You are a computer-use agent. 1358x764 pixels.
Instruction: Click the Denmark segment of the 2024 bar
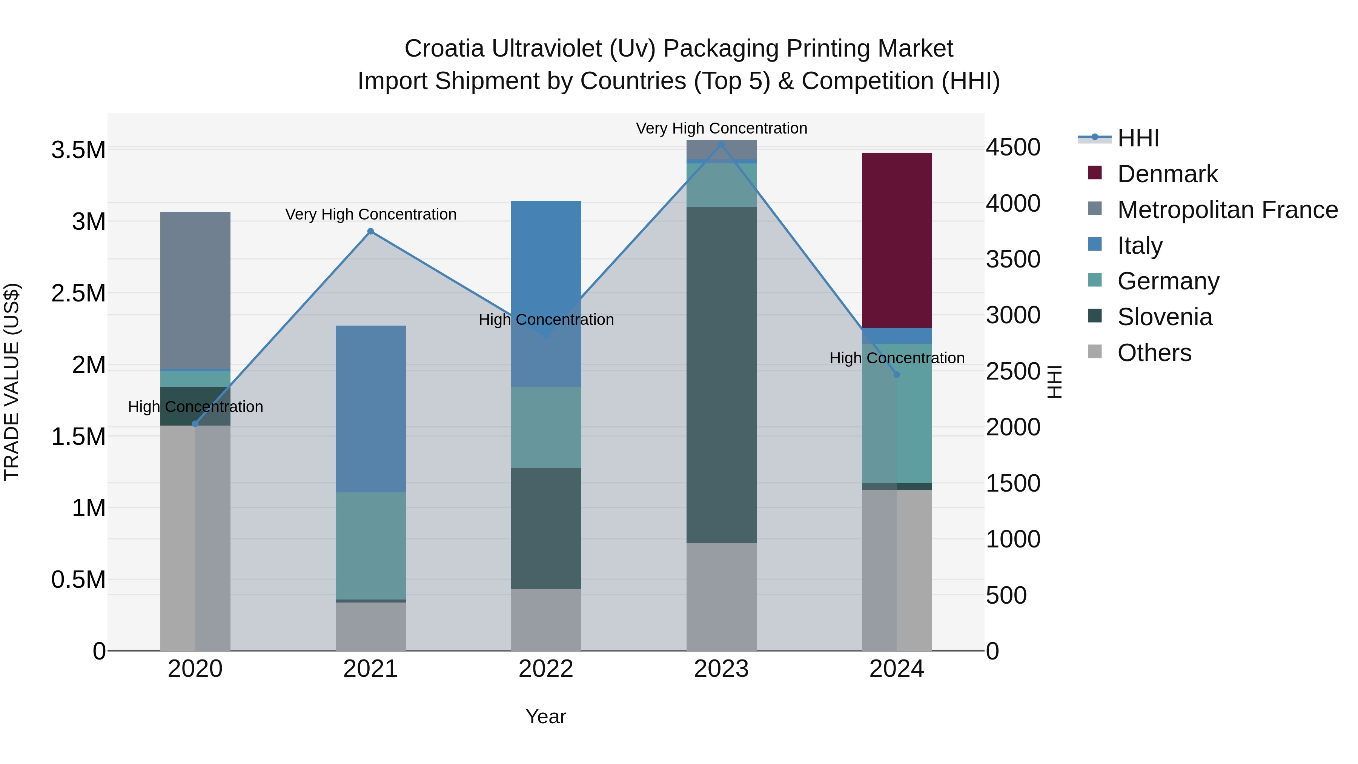pos(896,240)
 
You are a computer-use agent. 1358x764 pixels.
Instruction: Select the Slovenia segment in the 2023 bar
pos(721,374)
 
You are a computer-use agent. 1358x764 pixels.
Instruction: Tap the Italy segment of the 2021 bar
pos(370,409)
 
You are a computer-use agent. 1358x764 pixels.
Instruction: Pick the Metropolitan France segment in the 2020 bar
pos(195,290)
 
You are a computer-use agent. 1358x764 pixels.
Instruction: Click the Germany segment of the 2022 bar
pos(546,427)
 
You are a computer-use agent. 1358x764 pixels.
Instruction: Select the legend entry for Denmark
pos(1167,174)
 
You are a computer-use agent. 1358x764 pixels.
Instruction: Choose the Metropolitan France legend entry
pos(1227,210)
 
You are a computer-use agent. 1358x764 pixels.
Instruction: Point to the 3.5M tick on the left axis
pos(78,150)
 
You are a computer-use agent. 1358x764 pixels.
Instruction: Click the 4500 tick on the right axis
pos(1013,147)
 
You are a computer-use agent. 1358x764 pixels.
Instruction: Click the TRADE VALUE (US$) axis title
pos(12,382)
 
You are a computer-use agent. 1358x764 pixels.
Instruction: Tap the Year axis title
pos(545,716)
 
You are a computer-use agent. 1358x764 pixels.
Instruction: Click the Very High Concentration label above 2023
pos(721,128)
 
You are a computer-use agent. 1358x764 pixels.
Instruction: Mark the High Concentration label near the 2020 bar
pos(195,406)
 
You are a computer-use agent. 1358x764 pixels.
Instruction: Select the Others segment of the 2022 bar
pos(546,620)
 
